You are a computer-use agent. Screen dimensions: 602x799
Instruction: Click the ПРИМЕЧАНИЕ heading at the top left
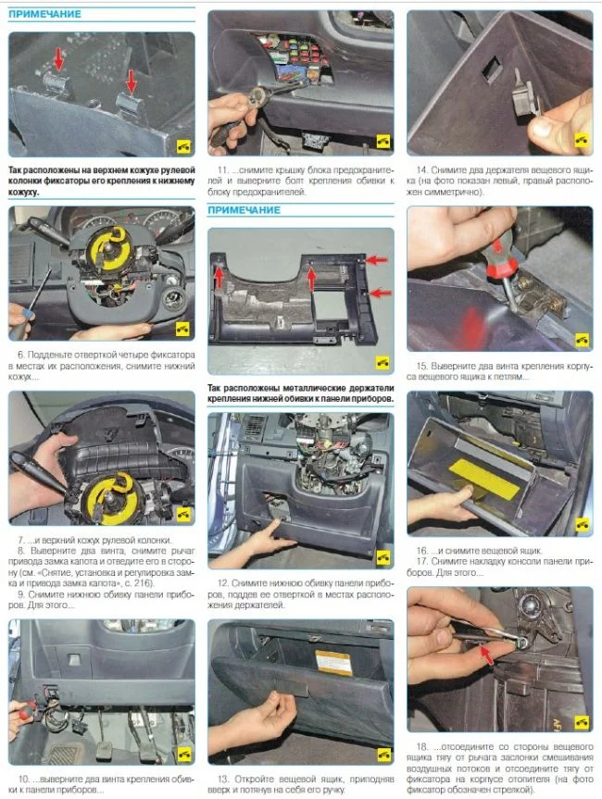[44, 14]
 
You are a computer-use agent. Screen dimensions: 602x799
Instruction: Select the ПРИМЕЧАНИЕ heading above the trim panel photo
[245, 210]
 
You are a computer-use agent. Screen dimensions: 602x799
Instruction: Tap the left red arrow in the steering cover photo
[59, 58]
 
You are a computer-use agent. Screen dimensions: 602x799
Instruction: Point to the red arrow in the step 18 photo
[487, 655]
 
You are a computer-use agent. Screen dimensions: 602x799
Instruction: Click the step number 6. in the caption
[21, 355]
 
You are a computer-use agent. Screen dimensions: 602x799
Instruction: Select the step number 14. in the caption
[421, 170]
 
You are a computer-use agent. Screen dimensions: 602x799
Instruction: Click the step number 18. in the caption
[421, 746]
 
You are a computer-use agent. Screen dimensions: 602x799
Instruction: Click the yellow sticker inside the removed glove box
[483, 476]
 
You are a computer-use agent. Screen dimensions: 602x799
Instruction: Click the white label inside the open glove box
[333, 662]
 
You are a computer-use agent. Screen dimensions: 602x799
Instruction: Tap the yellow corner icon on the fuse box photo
[383, 141]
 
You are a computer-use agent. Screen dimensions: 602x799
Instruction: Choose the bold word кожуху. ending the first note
[23, 192]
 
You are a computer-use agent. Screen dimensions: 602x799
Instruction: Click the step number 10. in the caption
[24, 780]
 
